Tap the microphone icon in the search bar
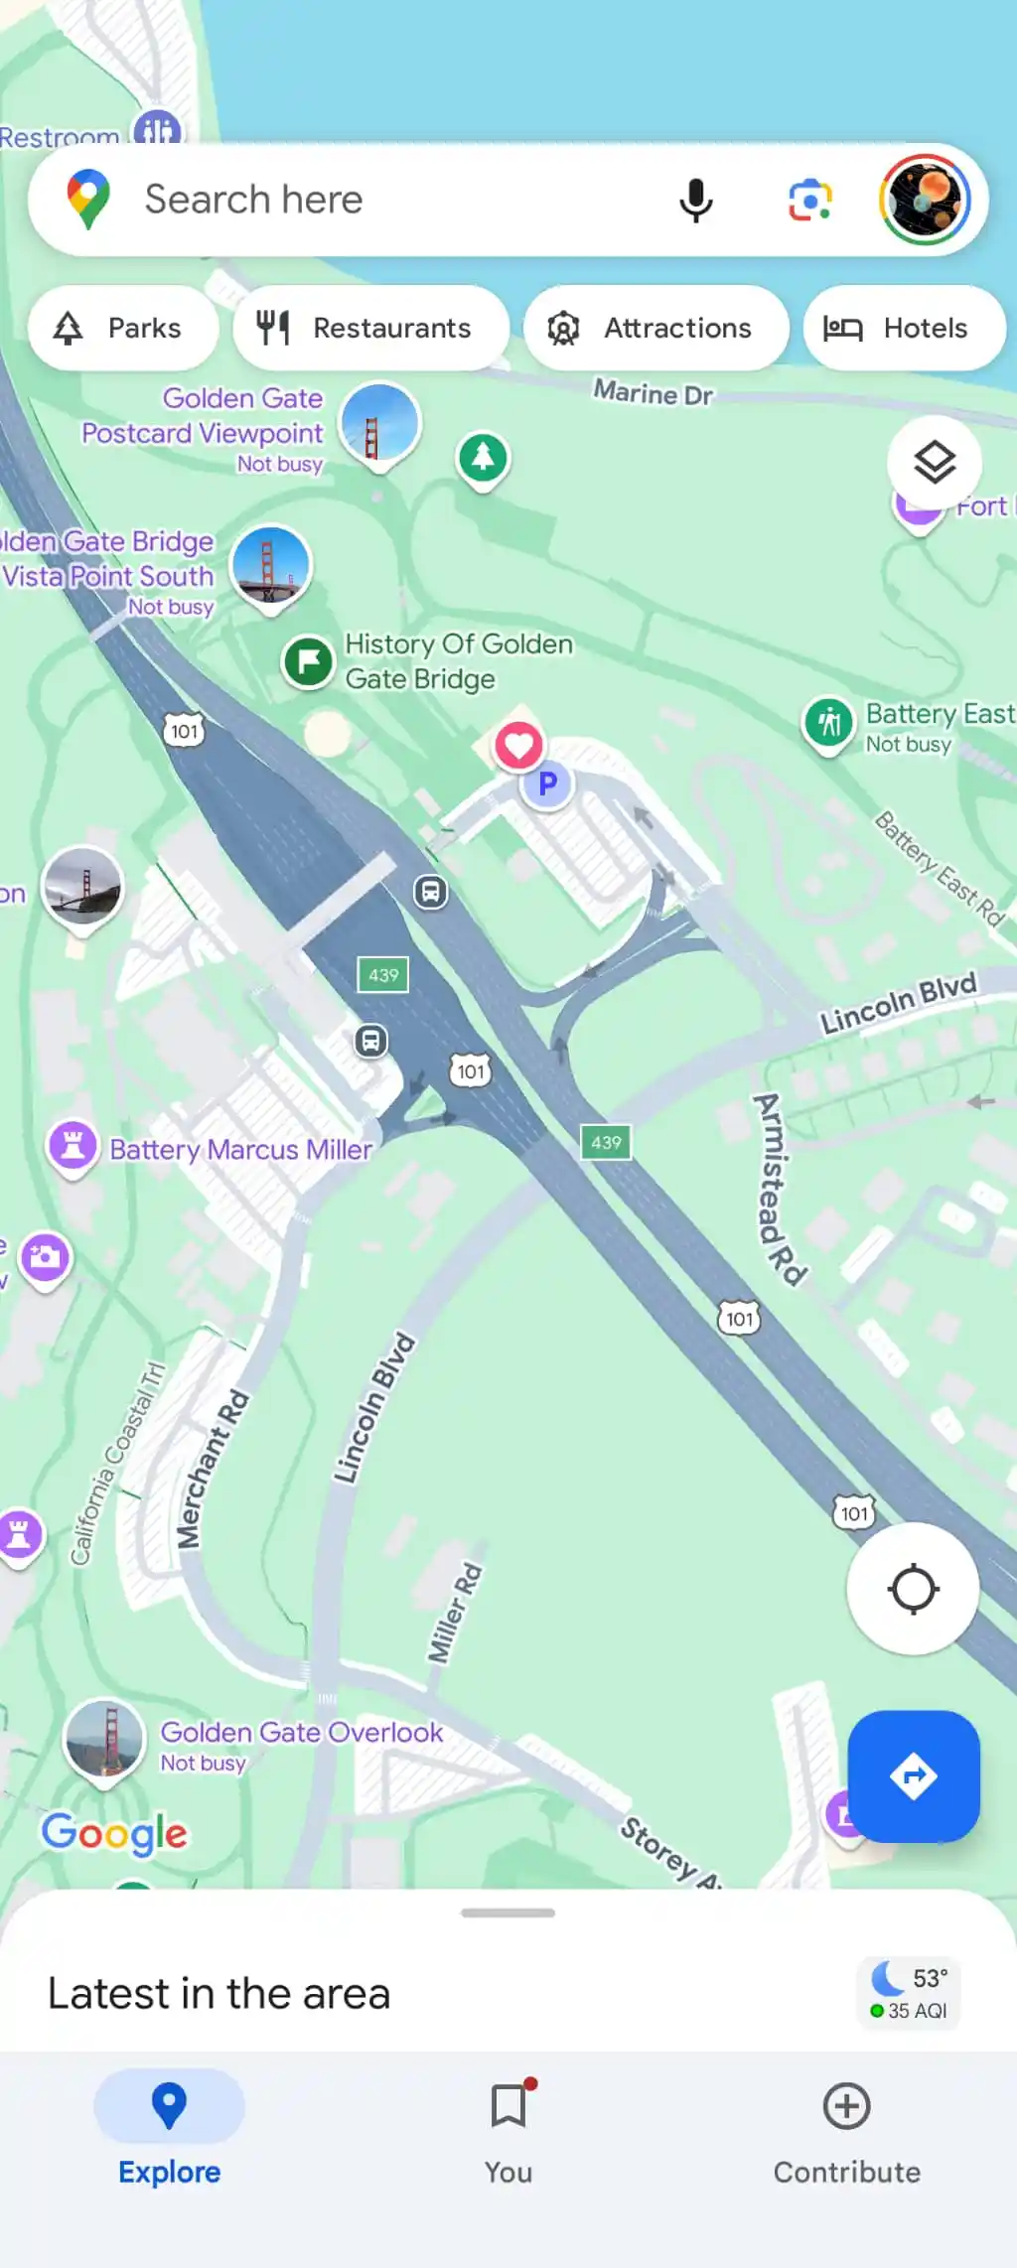695,201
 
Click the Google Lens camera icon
810,201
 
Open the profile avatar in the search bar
925,200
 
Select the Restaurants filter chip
370,329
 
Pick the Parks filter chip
123,329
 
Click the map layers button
934,463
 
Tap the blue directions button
913,1775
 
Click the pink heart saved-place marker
518,745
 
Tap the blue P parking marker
547,784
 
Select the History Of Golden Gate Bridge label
458,661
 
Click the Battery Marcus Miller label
240,1150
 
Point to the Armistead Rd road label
779,1190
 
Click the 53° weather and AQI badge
910,1993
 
